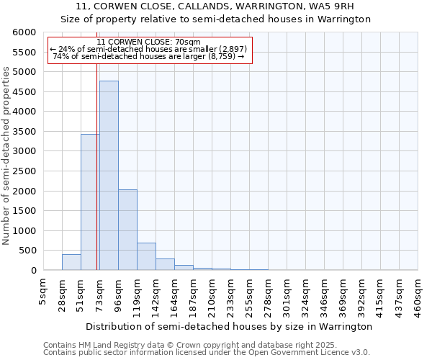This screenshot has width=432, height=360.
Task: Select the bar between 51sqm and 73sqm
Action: coord(90,202)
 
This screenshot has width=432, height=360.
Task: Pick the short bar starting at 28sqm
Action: coord(71,263)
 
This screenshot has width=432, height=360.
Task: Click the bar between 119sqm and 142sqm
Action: coord(146,256)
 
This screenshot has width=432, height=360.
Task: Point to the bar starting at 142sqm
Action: coord(165,264)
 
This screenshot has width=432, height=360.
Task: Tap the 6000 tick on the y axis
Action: coord(24,32)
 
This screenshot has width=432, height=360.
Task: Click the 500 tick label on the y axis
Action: coord(27,251)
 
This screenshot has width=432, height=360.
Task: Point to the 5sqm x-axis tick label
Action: coord(43,292)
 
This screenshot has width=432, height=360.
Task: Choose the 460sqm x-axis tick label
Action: coord(418,296)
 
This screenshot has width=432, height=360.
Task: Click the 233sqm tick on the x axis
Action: coord(230,296)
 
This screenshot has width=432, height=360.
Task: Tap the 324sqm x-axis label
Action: coord(305,296)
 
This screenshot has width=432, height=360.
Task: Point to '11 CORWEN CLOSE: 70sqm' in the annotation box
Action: coord(148,42)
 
